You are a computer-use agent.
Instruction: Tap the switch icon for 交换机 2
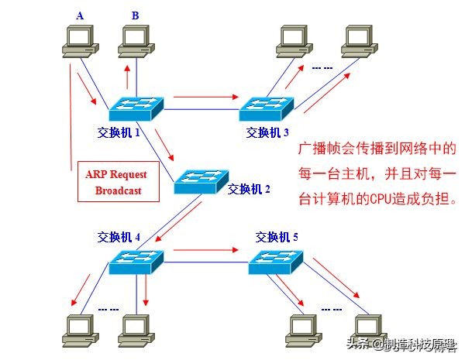200,180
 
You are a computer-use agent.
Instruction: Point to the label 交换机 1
119,132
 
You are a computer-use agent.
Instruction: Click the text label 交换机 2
249,189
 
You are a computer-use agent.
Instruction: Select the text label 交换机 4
119,236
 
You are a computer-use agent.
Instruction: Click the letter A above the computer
79,15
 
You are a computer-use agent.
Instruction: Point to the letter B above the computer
136,15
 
